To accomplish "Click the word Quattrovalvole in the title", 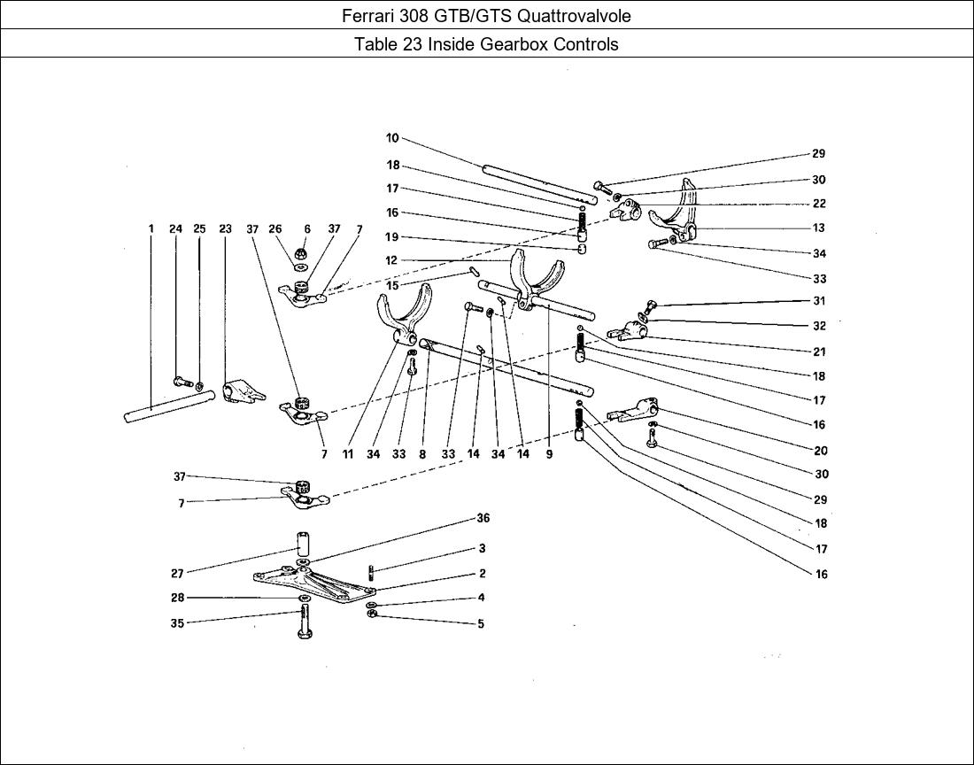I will [x=577, y=15].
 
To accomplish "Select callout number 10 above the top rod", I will [x=392, y=138].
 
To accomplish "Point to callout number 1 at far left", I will [x=151, y=228].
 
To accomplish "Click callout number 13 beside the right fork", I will [x=819, y=228].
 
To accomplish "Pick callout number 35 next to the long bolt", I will [x=178, y=623].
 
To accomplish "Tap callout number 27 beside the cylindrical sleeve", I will [x=178, y=574].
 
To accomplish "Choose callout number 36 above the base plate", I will [x=483, y=518].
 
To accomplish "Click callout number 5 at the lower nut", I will [x=481, y=623].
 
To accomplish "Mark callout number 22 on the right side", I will [x=819, y=204].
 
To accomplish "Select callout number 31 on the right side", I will [x=819, y=301].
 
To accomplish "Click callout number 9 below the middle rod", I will [x=549, y=454].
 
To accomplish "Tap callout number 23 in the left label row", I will [x=225, y=228].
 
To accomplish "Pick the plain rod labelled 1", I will [x=170, y=408].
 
